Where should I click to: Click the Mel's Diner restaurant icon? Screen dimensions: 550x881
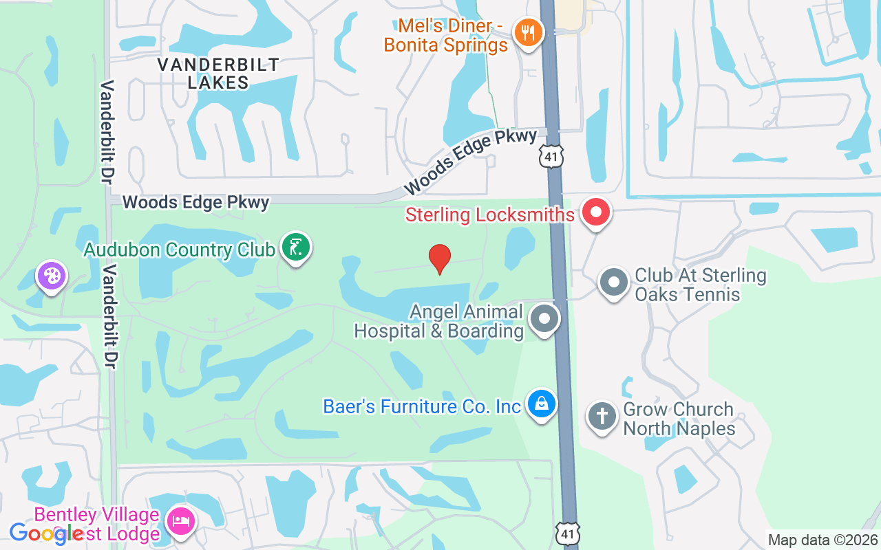point(528,32)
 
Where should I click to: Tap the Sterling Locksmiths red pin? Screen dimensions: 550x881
point(596,212)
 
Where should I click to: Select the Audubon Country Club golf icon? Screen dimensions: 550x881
point(296,247)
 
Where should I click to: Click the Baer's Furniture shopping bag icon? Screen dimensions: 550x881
point(542,404)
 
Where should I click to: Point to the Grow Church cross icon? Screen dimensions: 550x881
point(602,416)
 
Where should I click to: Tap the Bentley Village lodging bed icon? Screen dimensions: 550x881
point(180,519)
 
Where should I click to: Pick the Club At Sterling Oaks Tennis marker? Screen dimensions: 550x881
point(613,283)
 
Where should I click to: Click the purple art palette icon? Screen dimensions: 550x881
point(52,276)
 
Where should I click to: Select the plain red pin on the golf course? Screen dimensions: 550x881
point(439,258)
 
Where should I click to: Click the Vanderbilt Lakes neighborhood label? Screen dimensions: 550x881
point(218,74)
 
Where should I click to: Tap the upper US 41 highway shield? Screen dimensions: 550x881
point(552,155)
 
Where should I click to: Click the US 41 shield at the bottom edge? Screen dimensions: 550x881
point(569,533)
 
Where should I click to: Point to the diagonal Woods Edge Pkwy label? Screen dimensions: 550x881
point(470,162)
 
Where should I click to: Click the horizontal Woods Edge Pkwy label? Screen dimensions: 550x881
point(196,202)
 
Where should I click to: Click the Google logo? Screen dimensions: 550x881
point(46,533)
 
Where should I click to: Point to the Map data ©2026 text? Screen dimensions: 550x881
point(822,540)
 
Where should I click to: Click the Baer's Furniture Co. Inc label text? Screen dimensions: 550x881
point(422,406)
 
